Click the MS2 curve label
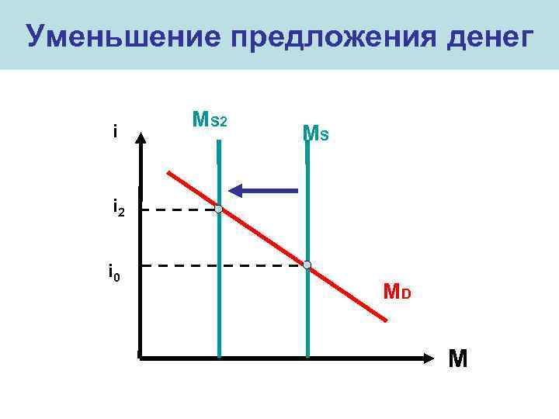tap(209, 120)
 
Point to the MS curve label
tap(315, 133)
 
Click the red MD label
tap(398, 293)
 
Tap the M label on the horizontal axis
tap(458, 359)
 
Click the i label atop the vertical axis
tap(115, 132)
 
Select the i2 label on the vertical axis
tap(119, 209)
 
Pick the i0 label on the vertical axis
tap(113, 273)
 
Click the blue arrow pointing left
tap(264, 189)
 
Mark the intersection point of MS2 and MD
tap(219, 209)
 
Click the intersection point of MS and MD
tap(307, 265)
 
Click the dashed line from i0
tap(225, 266)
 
